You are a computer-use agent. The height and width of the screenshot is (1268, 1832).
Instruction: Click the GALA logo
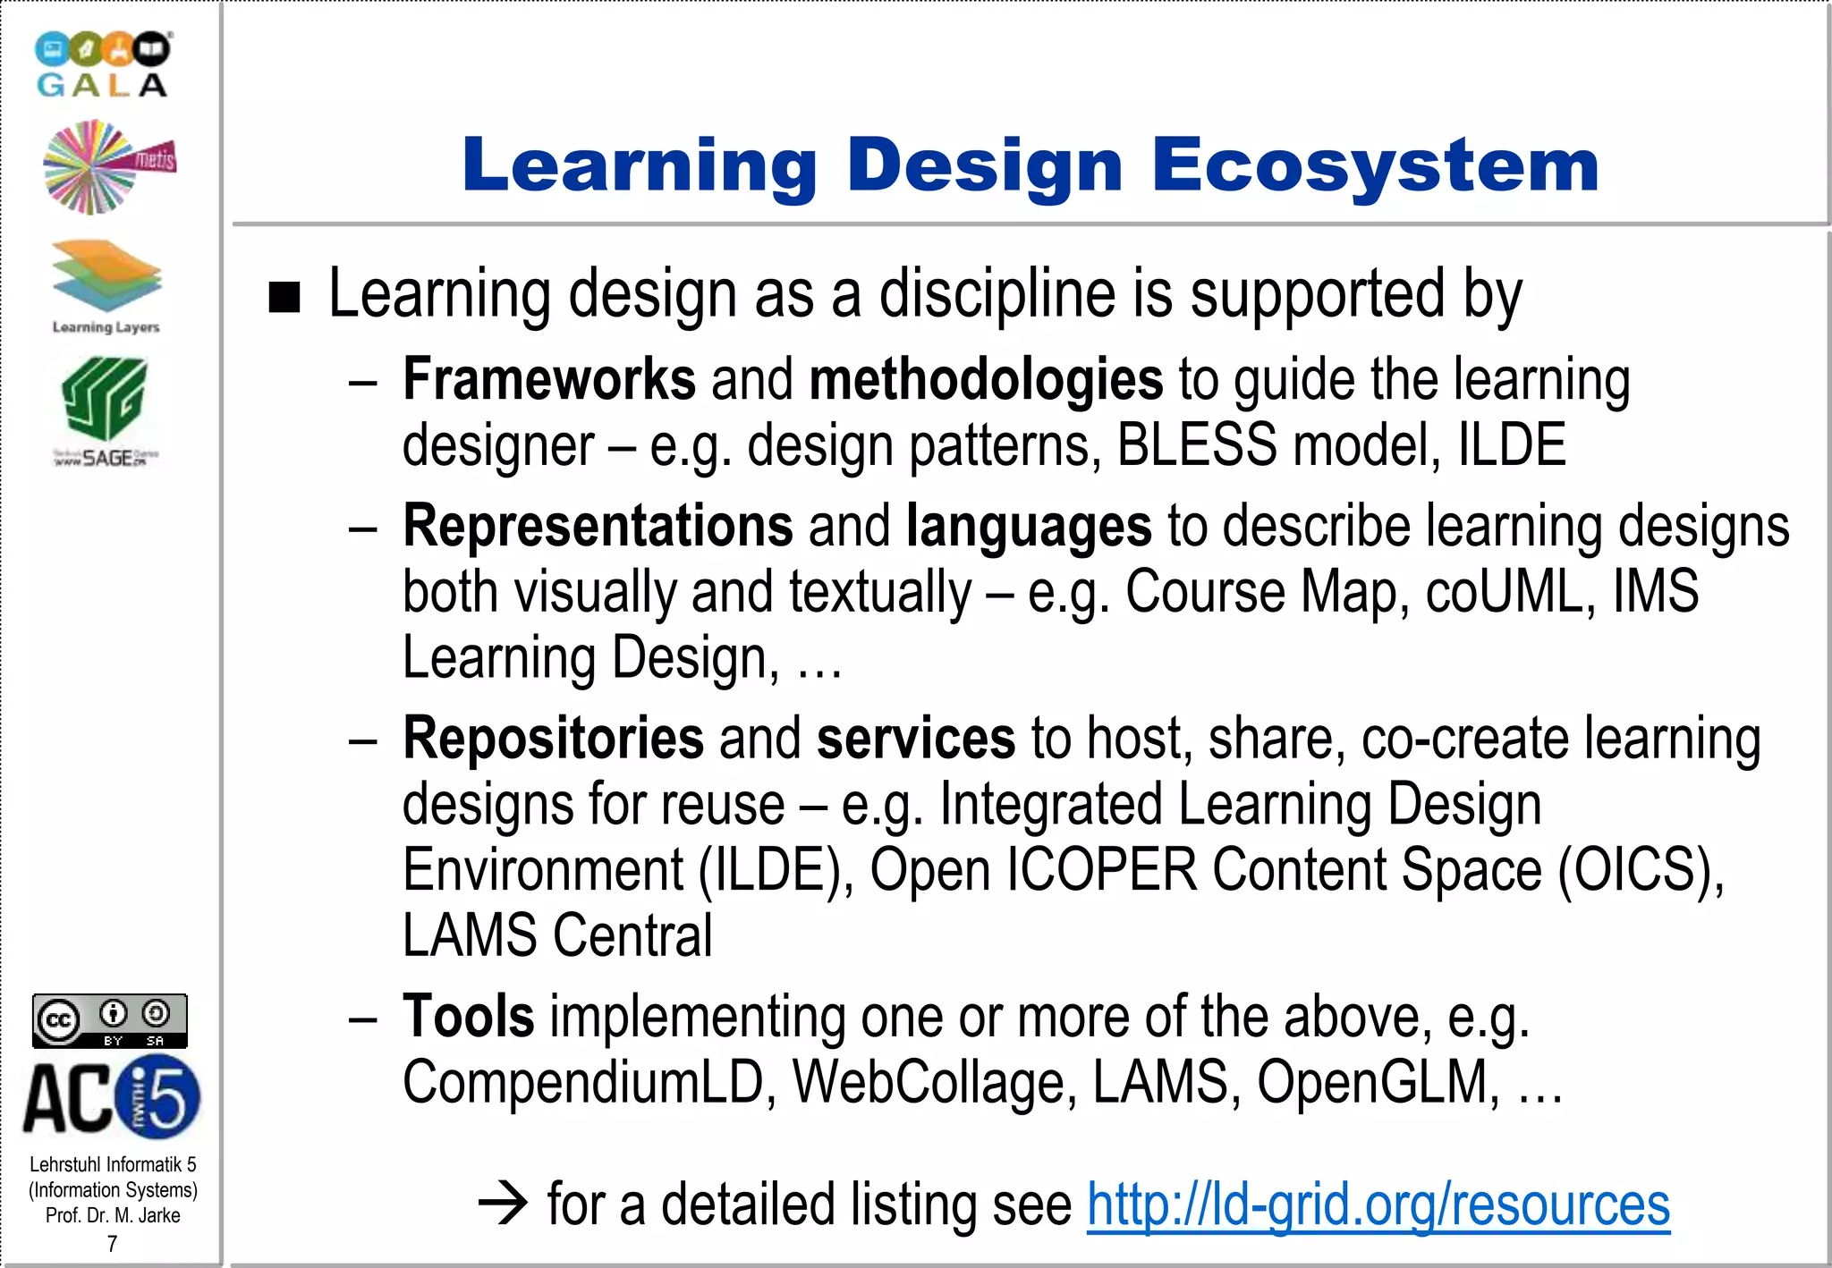coord(103,64)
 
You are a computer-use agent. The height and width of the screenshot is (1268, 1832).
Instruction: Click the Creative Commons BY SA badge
coord(110,1020)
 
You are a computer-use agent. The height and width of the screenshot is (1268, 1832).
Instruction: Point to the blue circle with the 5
coord(161,1096)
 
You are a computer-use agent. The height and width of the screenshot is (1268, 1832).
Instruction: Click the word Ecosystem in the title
coord(1375,165)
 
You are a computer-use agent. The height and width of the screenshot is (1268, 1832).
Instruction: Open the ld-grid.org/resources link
coord(1378,1205)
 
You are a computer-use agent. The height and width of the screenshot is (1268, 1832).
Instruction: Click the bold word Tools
coord(468,1016)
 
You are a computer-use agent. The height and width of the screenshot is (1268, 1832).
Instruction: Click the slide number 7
coord(112,1243)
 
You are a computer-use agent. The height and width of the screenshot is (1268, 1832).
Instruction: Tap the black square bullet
coord(284,298)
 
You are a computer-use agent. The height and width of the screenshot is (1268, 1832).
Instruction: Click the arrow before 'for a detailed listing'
coord(504,1205)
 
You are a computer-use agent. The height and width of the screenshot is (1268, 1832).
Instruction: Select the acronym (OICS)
coord(1641,869)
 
